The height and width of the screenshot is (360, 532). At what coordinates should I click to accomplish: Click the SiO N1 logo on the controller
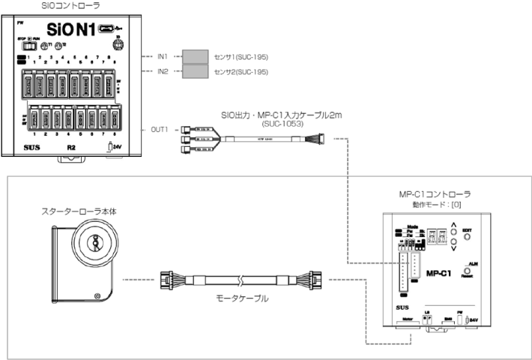(69, 30)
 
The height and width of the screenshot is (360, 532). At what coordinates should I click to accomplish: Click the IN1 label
(163, 56)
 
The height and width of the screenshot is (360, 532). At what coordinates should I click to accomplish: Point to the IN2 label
(163, 70)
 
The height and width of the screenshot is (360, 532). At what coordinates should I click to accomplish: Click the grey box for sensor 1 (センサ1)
(196, 56)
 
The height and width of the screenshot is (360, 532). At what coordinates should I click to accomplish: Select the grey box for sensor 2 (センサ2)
(196, 70)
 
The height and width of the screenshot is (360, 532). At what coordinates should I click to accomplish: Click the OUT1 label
(159, 129)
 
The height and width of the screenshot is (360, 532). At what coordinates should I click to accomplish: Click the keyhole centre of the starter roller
(96, 244)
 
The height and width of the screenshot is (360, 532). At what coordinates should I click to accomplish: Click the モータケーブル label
(238, 298)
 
